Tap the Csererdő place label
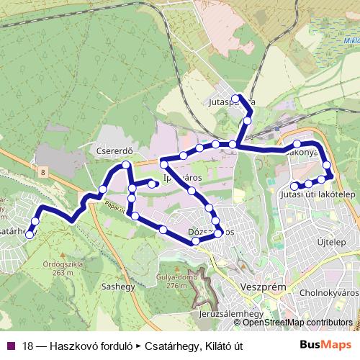click(112, 153)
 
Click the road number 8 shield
click(44, 171)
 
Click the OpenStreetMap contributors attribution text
click(297, 323)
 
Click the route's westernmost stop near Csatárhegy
click(30, 233)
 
